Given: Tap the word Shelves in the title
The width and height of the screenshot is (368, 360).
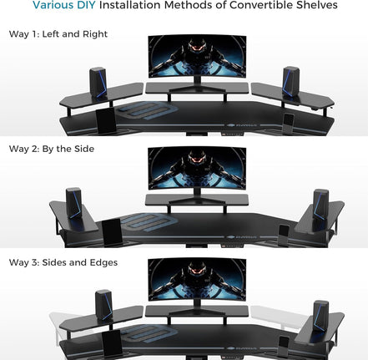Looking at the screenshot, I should (x=315, y=5).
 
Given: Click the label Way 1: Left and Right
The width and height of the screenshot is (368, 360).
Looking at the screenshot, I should (x=58, y=34).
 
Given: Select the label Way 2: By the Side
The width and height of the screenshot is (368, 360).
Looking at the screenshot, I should (x=52, y=148).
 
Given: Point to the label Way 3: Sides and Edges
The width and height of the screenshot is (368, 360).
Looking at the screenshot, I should (x=63, y=261).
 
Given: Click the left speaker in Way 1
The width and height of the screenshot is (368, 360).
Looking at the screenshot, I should (x=97, y=82).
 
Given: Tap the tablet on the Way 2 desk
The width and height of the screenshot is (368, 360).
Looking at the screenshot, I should (x=111, y=231).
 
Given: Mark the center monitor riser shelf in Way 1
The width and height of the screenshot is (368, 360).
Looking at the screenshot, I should (x=197, y=87).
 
